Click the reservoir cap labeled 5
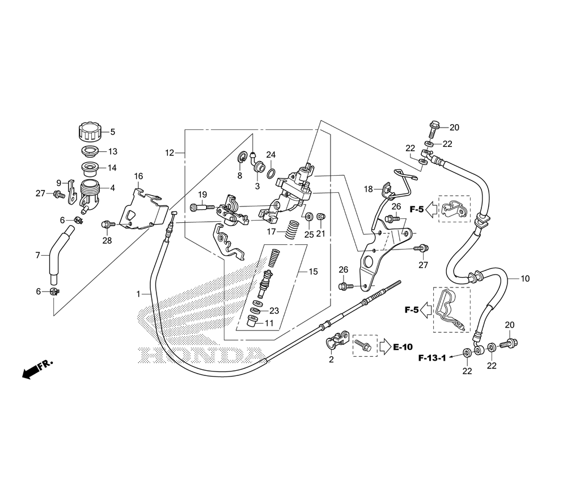[x=88, y=132]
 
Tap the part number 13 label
[x=112, y=151]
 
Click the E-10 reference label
[x=403, y=347]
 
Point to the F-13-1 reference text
[x=433, y=358]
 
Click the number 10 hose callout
[x=524, y=278]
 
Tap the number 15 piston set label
[x=313, y=272]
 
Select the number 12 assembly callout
[x=170, y=153]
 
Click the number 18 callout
[x=368, y=189]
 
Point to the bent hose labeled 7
[x=59, y=255]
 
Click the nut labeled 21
[x=320, y=217]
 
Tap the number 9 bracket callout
[x=58, y=183]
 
